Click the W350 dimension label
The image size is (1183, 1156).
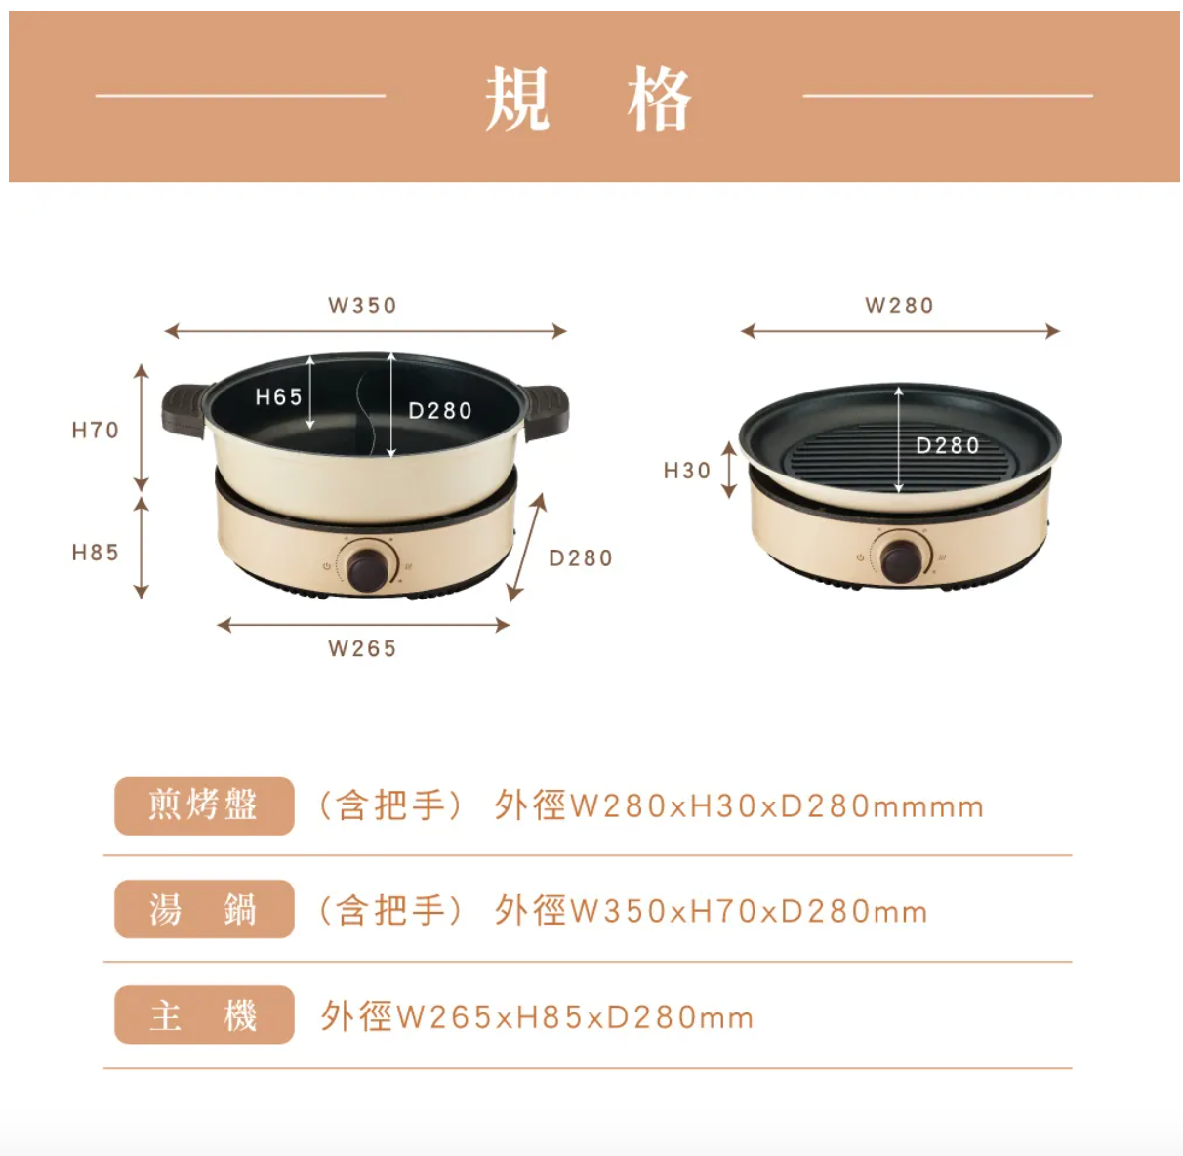(x=362, y=306)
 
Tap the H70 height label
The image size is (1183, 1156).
(x=96, y=430)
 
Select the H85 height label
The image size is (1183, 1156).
(x=96, y=553)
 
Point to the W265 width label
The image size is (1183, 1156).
(x=362, y=648)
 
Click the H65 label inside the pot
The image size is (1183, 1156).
(x=278, y=396)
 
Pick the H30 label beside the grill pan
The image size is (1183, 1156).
(x=687, y=471)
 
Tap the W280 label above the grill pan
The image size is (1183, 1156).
(x=899, y=306)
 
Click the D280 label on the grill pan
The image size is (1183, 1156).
(x=947, y=445)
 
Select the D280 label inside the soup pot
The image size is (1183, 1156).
(x=439, y=411)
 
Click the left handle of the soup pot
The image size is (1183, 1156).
(x=184, y=407)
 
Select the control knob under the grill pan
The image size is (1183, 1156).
(x=900, y=557)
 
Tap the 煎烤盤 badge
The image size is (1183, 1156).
(x=204, y=805)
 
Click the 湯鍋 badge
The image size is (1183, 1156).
(x=204, y=909)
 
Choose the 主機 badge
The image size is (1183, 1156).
(x=204, y=1014)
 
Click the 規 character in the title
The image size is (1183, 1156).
(x=517, y=99)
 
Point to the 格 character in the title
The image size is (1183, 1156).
(x=660, y=99)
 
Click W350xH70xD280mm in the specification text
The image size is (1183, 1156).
(x=748, y=911)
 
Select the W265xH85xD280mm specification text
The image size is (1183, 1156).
(x=575, y=1017)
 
